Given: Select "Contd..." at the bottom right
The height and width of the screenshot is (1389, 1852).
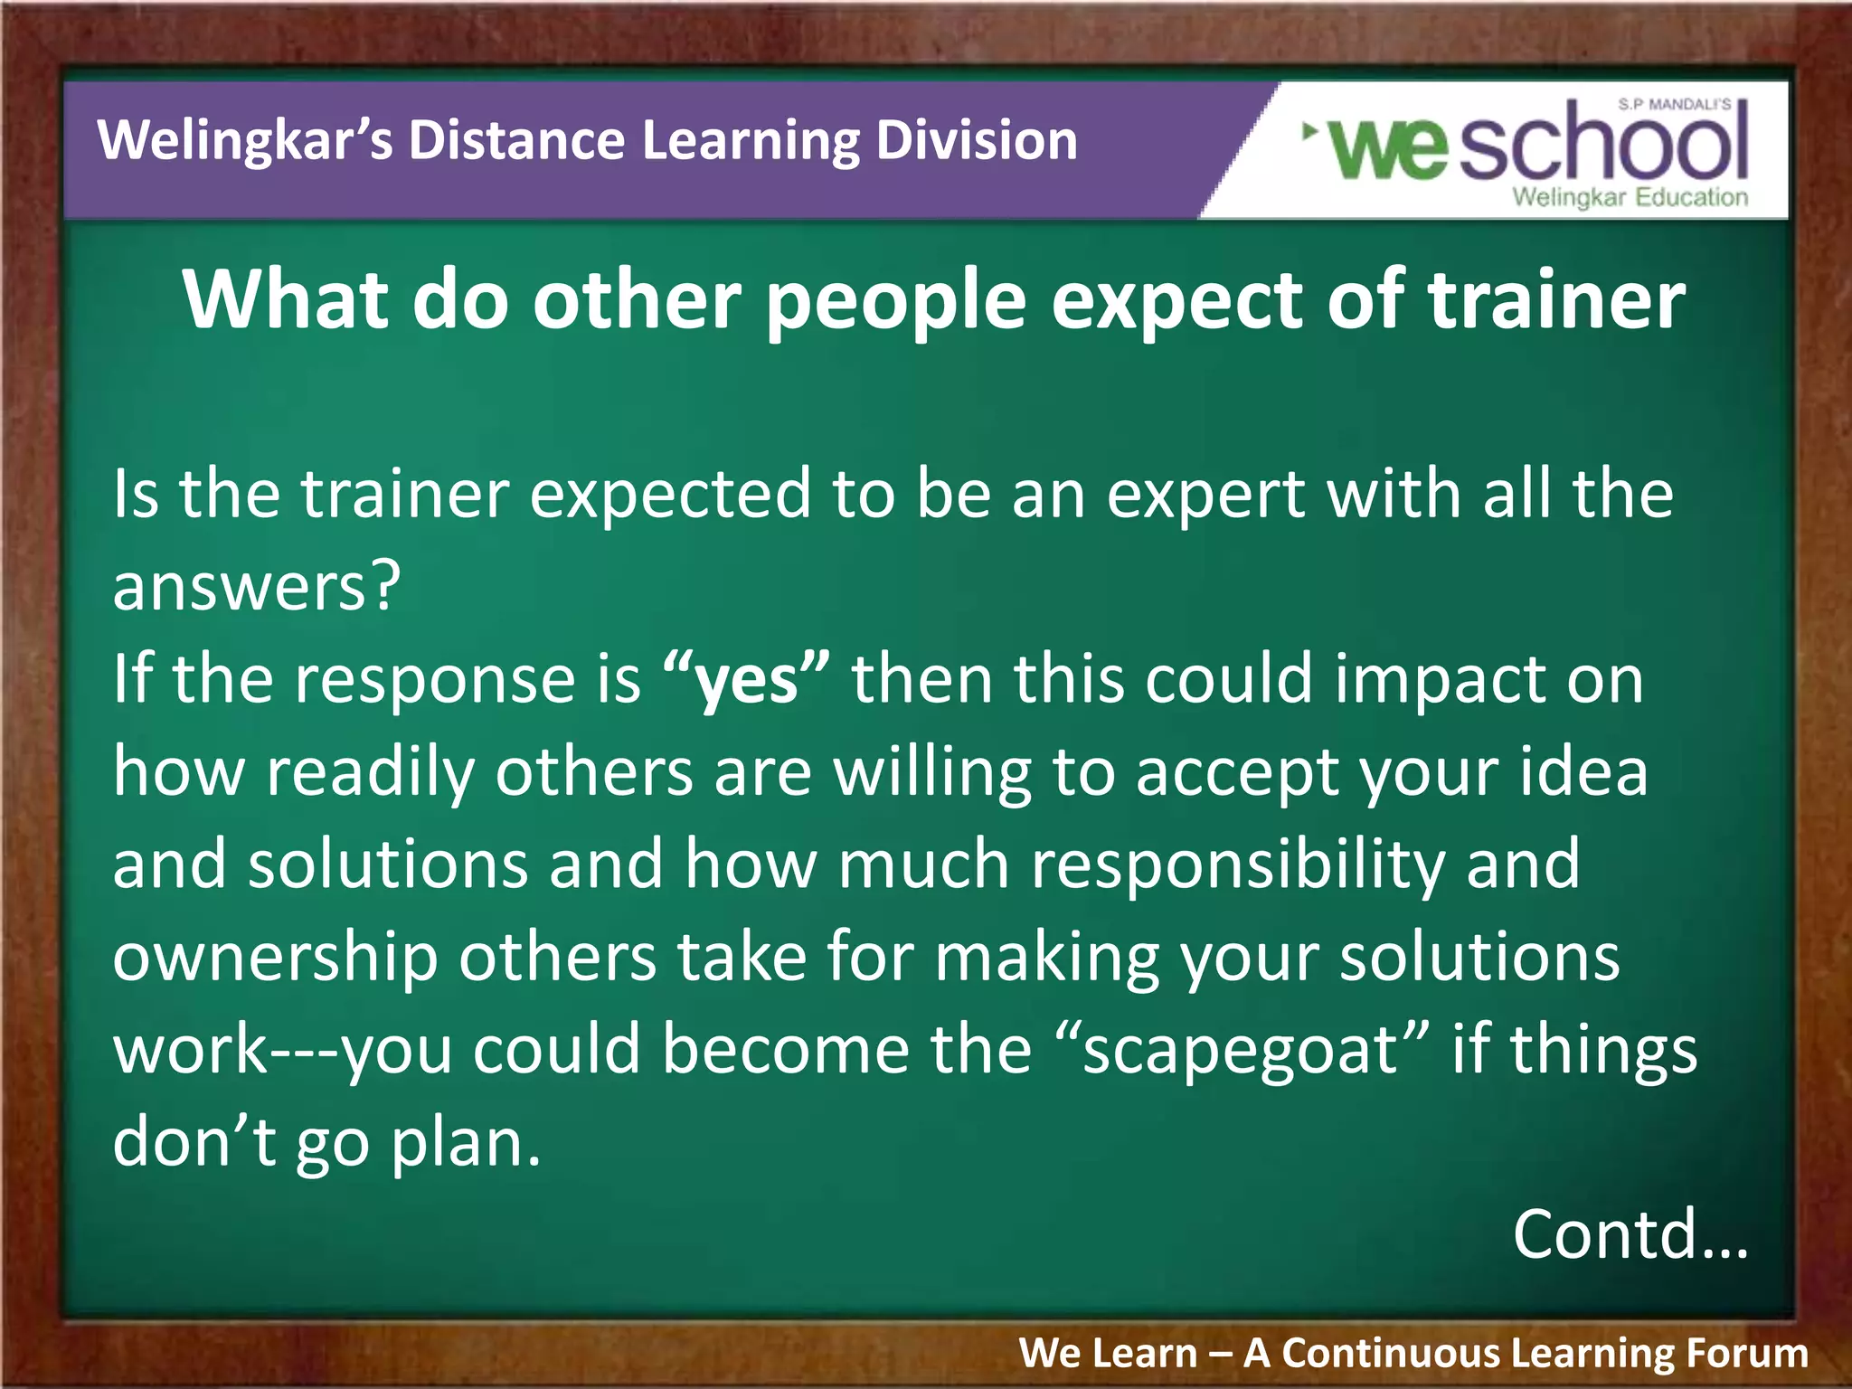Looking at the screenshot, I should tap(1630, 1233).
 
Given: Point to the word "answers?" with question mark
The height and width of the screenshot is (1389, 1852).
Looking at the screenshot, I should tap(256, 587).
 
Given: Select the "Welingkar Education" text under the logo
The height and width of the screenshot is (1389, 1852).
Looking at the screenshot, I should tap(1630, 197).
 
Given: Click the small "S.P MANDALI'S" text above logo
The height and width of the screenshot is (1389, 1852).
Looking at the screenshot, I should tap(1673, 105).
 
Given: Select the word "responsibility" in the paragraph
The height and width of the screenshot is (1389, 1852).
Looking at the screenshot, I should tap(1237, 865).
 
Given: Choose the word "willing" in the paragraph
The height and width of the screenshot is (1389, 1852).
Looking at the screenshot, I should tap(931, 773).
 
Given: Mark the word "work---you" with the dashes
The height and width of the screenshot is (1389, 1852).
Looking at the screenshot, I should tap(282, 1051).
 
